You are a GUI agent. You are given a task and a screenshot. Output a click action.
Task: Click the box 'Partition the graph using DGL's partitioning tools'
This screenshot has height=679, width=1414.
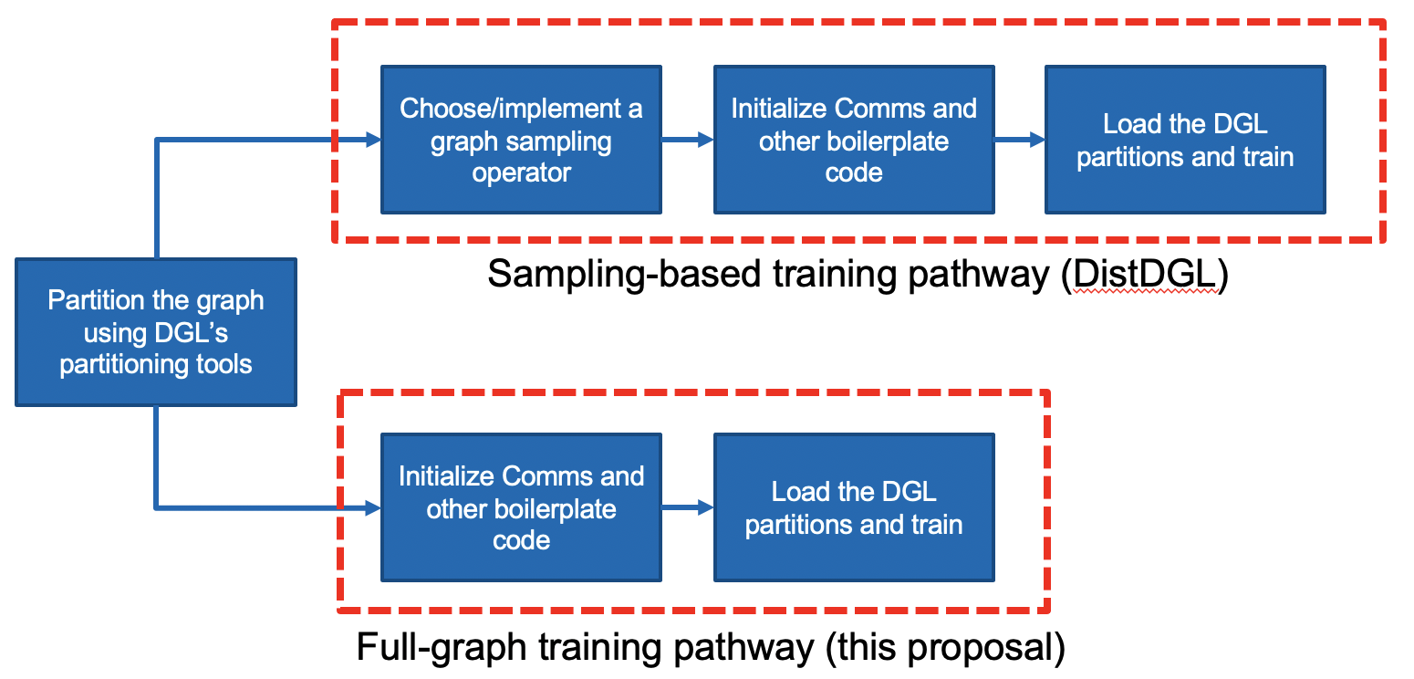point(156,332)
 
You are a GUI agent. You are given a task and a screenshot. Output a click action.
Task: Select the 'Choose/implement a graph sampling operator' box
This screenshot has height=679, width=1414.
point(521,140)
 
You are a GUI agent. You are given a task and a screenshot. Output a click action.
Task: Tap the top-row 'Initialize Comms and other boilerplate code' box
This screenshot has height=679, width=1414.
point(854,140)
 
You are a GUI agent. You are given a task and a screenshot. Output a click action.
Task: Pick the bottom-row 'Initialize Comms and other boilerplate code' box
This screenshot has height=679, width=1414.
point(521,507)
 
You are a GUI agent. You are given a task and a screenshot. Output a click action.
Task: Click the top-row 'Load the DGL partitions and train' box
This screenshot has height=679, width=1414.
point(1185,140)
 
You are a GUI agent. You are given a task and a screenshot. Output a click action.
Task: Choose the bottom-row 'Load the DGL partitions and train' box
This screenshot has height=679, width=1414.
point(854,507)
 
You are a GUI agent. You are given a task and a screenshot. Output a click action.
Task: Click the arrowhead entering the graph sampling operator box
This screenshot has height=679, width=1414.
point(372,140)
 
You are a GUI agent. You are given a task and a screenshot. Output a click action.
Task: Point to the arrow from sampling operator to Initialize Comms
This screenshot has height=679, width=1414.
point(688,140)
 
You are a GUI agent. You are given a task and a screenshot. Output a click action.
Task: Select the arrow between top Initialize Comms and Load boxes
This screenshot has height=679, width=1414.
point(1020,140)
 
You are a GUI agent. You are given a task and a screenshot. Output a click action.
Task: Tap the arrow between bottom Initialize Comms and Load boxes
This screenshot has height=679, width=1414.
point(688,507)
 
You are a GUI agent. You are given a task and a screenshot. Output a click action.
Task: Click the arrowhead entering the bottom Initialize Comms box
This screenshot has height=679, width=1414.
point(372,507)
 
